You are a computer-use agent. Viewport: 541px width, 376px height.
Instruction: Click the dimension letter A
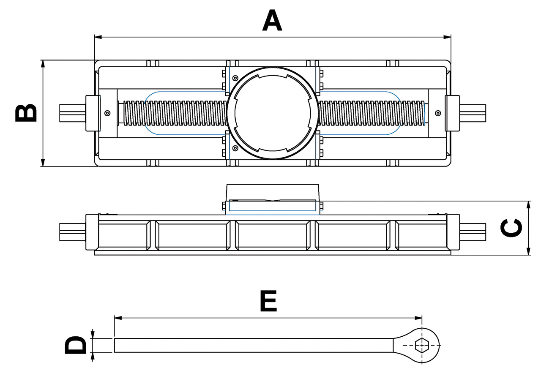[272, 21]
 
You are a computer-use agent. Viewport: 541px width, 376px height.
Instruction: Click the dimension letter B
[26, 113]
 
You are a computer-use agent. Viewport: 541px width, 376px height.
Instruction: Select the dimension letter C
[511, 228]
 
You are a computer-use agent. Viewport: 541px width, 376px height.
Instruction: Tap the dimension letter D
[75, 345]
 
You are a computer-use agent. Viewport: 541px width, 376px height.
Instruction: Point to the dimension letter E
[268, 301]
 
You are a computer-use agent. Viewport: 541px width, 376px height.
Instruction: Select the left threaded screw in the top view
[173, 113]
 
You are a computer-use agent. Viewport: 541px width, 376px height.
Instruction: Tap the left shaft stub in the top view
[72, 113]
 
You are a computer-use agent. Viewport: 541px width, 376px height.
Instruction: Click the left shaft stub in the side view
[72, 232]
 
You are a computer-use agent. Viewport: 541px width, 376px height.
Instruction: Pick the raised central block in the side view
[272, 192]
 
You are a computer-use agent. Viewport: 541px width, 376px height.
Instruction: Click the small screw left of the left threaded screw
[107, 113]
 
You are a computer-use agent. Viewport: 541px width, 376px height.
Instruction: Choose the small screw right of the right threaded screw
[438, 113]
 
